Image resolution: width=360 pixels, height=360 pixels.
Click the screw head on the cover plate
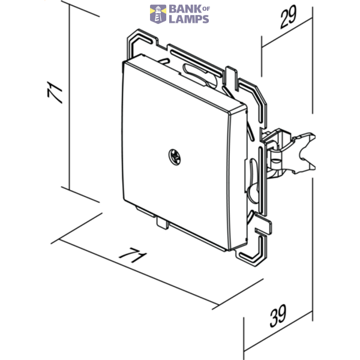coord(175,157)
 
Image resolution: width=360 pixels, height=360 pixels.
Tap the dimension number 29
coord(289,17)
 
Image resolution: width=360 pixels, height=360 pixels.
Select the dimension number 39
coord(278,316)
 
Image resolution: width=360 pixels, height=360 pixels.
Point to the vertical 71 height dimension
coord(55,92)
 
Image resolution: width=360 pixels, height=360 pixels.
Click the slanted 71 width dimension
coord(133,255)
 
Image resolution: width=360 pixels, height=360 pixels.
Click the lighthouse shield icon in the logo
coord(158,14)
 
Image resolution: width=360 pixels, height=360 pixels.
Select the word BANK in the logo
coord(185,9)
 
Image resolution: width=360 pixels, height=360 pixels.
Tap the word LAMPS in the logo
coord(189,19)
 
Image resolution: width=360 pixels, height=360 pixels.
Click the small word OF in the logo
coord(206,9)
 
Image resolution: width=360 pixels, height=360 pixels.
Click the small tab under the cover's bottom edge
coord(163,223)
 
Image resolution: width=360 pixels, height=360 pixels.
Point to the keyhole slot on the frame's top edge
coord(200,75)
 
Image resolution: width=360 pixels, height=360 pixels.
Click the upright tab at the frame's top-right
coord(232,78)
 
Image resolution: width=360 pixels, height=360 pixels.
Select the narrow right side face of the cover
coord(238,178)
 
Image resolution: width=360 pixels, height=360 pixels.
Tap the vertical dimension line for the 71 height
coord(70,97)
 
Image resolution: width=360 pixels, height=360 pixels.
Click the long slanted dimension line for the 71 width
coord(139,273)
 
